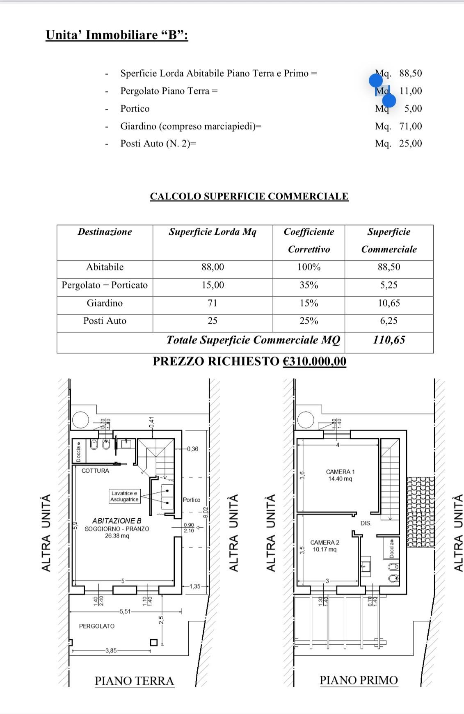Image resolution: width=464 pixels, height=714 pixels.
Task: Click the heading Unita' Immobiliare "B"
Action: pyautogui.click(x=117, y=35)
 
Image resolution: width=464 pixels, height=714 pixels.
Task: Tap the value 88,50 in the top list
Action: pyautogui.click(x=410, y=73)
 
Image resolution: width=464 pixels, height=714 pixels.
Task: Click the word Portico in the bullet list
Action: pyautogui.click(x=135, y=108)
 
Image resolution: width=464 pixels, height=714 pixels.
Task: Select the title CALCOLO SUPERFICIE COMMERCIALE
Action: pyautogui.click(x=249, y=196)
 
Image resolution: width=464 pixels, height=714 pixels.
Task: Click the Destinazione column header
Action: pyautogui.click(x=105, y=232)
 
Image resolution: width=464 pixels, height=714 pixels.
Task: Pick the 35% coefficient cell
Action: pyautogui.click(x=309, y=285)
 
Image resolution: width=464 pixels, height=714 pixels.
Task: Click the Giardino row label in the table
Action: pyautogui.click(x=105, y=303)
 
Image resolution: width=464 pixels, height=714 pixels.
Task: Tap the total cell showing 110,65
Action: pyautogui.click(x=389, y=340)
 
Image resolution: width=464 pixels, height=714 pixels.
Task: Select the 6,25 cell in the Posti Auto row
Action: pyautogui.click(x=389, y=320)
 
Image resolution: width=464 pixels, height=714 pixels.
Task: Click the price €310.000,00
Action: pyautogui.click(x=314, y=361)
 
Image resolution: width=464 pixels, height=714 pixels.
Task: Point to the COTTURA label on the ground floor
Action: pyautogui.click(x=95, y=471)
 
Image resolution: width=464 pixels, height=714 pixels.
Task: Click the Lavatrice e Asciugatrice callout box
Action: pyautogui.click(x=124, y=496)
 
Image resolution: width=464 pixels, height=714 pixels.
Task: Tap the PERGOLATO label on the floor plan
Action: pyautogui.click(x=97, y=626)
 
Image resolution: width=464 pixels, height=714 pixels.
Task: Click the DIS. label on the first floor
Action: pyautogui.click(x=366, y=523)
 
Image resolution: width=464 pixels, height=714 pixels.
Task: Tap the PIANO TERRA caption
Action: pyautogui.click(x=134, y=681)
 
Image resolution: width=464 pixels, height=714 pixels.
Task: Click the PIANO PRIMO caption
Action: pyautogui.click(x=359, y=680)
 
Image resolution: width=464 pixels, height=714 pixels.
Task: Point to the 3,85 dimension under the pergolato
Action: pyautogui.click(x=111, y=650)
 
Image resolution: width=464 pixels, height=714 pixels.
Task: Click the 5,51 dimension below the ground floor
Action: pyautogui.click(x=125, y=611)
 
